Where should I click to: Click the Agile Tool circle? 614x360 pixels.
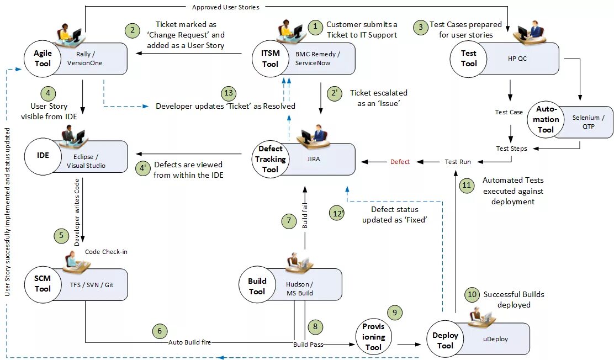tap(43, 59)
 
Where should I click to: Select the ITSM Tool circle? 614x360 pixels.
tap(270, 59)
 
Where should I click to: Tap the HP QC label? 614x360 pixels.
tap(517, 59)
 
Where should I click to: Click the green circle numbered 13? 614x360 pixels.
tap(228, 93)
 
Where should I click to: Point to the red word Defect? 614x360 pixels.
tap(400, 162)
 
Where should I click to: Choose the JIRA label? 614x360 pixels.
tap(313, 159)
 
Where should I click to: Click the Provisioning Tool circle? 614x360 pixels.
tap(373, 337)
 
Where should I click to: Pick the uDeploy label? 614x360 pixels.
tap(495, 339)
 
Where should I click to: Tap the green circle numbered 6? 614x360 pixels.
tap(160, 331)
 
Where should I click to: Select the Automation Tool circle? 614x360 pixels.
tap(546, 119)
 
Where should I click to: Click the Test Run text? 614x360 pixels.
tap(458, 162)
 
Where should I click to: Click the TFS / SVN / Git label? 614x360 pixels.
tap(92, 285)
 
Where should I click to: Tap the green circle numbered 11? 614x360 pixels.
tap(467, 185)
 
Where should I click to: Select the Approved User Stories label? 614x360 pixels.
tap(225, 7)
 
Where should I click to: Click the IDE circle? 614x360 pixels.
tap(43, 156)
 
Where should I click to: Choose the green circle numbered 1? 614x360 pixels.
tap(315, 27)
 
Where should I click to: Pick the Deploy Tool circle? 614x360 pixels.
tap(445, 339)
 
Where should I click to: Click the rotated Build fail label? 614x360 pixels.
tap(305, 215)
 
